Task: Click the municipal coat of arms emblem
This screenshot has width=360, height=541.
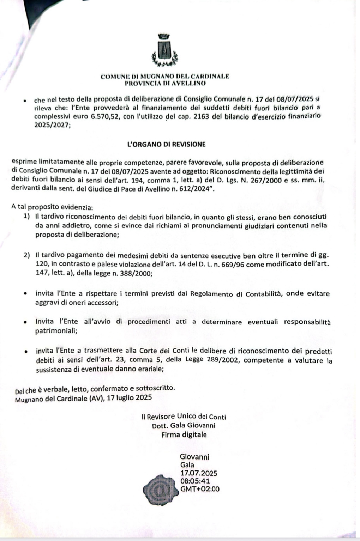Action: [x=164, y=50]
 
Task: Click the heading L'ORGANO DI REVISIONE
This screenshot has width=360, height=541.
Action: [x=166, y=144]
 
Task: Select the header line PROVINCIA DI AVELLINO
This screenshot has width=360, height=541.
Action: [x=165, y=84]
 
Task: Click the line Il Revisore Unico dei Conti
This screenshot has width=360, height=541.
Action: [x=184, y=417]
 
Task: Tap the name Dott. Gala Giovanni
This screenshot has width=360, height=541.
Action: [x=184, y=425]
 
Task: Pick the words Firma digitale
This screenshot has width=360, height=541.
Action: [x=184, y=434]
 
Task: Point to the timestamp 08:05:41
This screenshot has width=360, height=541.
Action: [x=195, y=481]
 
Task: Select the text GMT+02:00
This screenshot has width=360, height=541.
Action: [x=200, y=489]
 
